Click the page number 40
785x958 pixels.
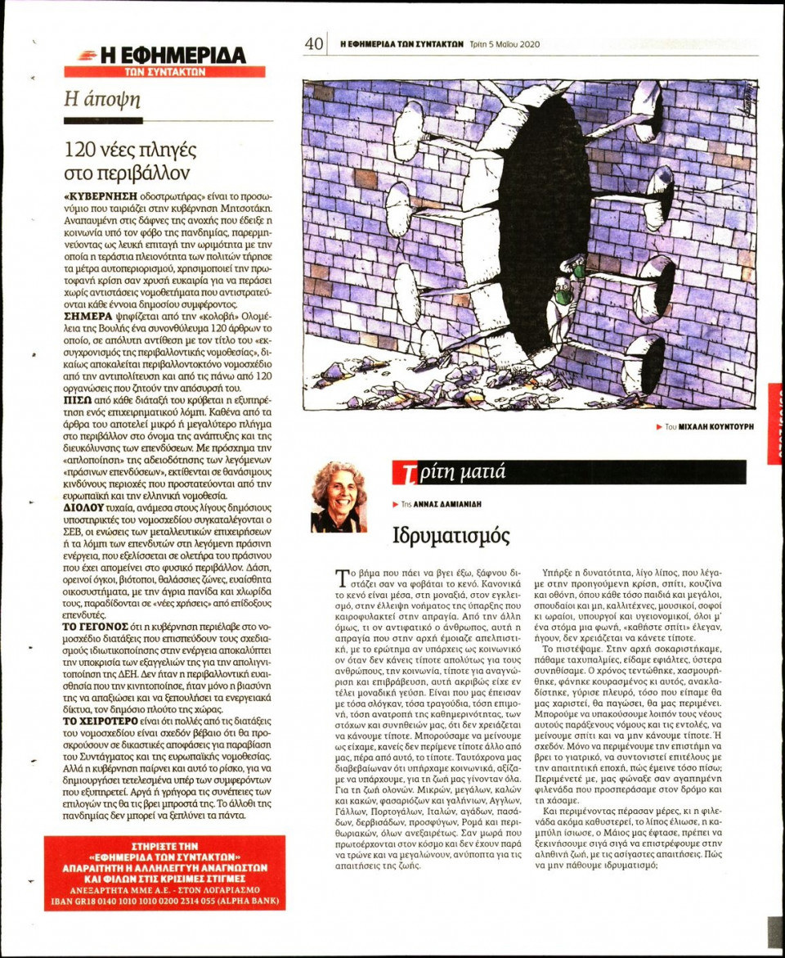point(314,43)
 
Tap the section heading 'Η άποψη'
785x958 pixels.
point(103,100)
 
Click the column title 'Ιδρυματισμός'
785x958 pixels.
point(451,536)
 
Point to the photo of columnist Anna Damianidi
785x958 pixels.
point(339,497)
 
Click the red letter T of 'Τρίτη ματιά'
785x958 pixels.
point(403,473)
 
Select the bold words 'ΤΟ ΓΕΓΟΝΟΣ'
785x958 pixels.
point(92,626)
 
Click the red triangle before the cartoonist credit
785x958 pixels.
point(659,427)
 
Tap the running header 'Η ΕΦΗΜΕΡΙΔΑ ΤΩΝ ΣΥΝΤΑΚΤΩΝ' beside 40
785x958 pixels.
point(401,44)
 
